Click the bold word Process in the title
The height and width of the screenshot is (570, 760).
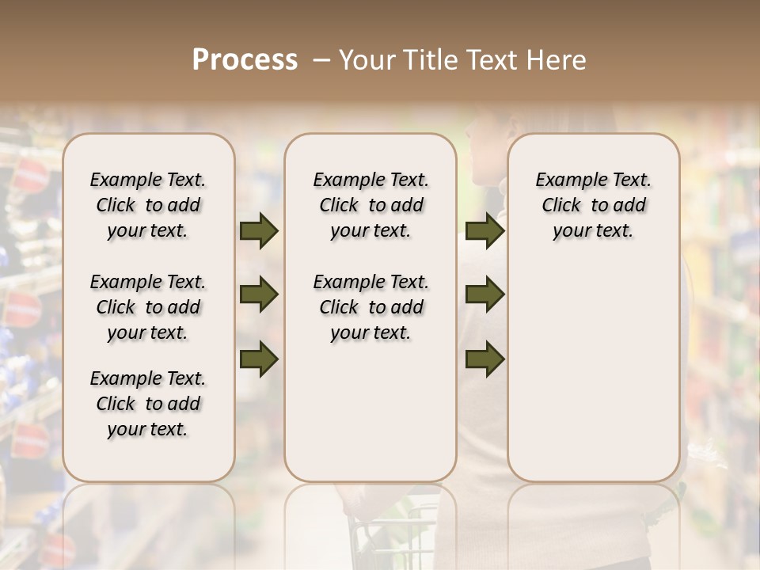tap(245, 60)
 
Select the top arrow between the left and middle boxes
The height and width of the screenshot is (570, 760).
tap(259, 231)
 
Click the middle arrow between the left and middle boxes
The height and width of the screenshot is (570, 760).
tap(259, 295)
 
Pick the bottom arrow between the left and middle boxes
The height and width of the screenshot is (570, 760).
tap(259, 359)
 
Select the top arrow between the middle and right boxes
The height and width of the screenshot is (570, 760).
tap(484, 231)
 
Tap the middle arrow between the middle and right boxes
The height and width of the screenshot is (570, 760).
tap(484, 295)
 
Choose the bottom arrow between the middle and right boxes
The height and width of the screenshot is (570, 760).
tap(484, 359)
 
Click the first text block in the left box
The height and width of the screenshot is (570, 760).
tap(148, 205)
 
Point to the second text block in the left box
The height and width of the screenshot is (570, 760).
tap(148, 307)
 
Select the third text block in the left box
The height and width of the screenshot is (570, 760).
tap(148, 404)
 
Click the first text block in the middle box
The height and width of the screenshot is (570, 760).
tap(370, 205)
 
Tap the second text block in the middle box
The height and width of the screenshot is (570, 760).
tap(370, 307)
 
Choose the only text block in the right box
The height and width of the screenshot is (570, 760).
tap(593, 205)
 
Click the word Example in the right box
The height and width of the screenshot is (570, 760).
tap(564, 180)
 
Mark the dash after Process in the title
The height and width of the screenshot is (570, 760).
tap(321, 60)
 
